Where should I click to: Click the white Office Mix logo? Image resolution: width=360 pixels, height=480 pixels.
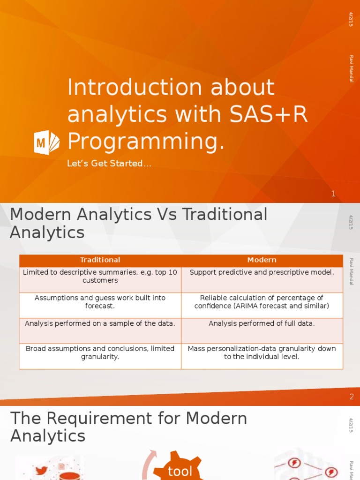tap(47, 142)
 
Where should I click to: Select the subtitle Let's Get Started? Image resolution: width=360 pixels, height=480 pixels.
tap(109, 164)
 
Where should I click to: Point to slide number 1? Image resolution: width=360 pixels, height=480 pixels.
tap(333, 194)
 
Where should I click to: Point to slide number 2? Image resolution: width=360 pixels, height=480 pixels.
tap(352, 397)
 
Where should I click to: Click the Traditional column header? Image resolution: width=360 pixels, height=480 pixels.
tap(100, 260)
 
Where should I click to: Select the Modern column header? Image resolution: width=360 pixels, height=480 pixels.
tap(262, 260)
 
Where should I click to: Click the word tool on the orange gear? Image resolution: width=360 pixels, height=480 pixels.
tap(180, 471)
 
